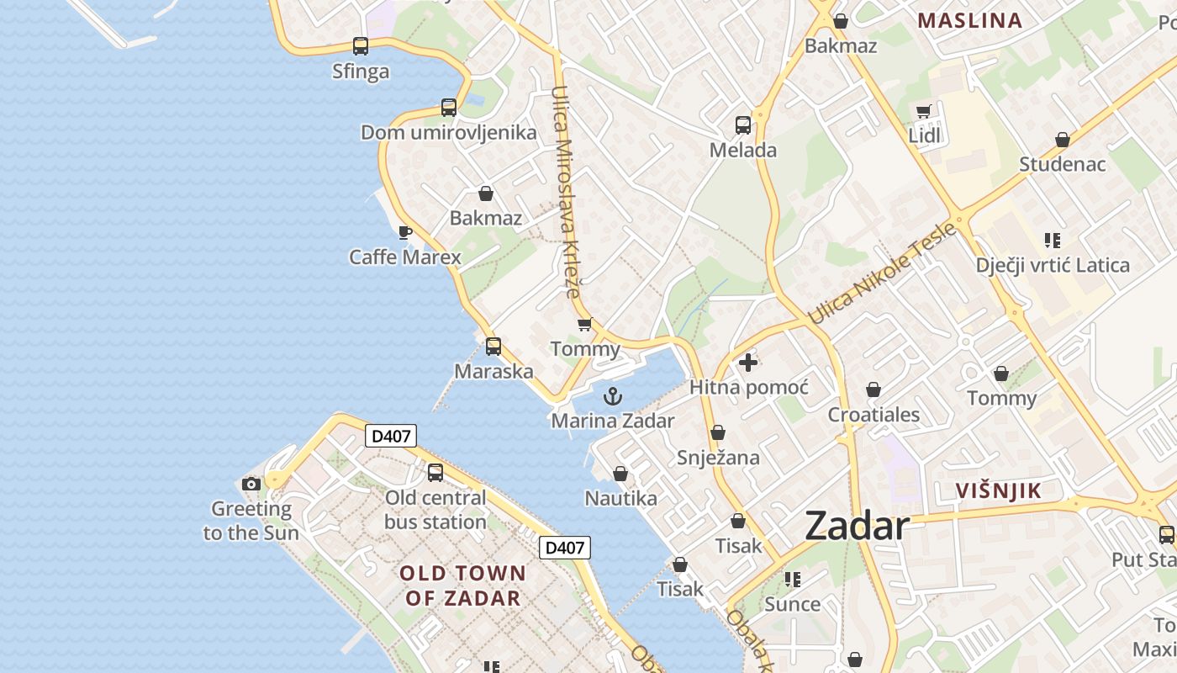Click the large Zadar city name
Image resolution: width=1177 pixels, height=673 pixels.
pos(857,527)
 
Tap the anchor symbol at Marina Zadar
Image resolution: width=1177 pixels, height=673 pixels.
pos(614,395)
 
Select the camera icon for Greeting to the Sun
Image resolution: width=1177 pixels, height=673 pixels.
pos(251,484)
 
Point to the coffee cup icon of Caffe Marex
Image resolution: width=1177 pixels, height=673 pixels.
pos(405,232)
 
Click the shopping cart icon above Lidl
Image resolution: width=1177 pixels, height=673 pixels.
pos(924,111)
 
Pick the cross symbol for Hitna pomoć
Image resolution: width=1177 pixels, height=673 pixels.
pos(747,363)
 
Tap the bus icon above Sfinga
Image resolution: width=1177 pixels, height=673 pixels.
pos(361,46)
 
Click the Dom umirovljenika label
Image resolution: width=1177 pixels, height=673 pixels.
pos(448,133)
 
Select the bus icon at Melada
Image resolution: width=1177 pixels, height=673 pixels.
pos(743,125)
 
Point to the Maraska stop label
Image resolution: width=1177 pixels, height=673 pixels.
pos(493,371)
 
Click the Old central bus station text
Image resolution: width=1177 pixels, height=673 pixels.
pos(435,510)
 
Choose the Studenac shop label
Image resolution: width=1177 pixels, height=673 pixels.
pos(1063,164)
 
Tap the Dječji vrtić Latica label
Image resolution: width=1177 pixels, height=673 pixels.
pos(1053,266)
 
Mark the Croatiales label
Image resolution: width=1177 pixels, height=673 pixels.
pos(874,415)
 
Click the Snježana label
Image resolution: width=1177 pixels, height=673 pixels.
pos(718,458)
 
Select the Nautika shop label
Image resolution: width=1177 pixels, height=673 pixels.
pos(620,499)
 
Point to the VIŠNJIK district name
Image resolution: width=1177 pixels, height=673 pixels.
pos(999,491)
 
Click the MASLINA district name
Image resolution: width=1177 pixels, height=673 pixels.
pos(969,21)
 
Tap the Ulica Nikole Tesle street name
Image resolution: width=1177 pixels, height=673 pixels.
pos(882,273)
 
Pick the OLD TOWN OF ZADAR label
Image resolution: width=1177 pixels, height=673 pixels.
pos(462,586)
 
